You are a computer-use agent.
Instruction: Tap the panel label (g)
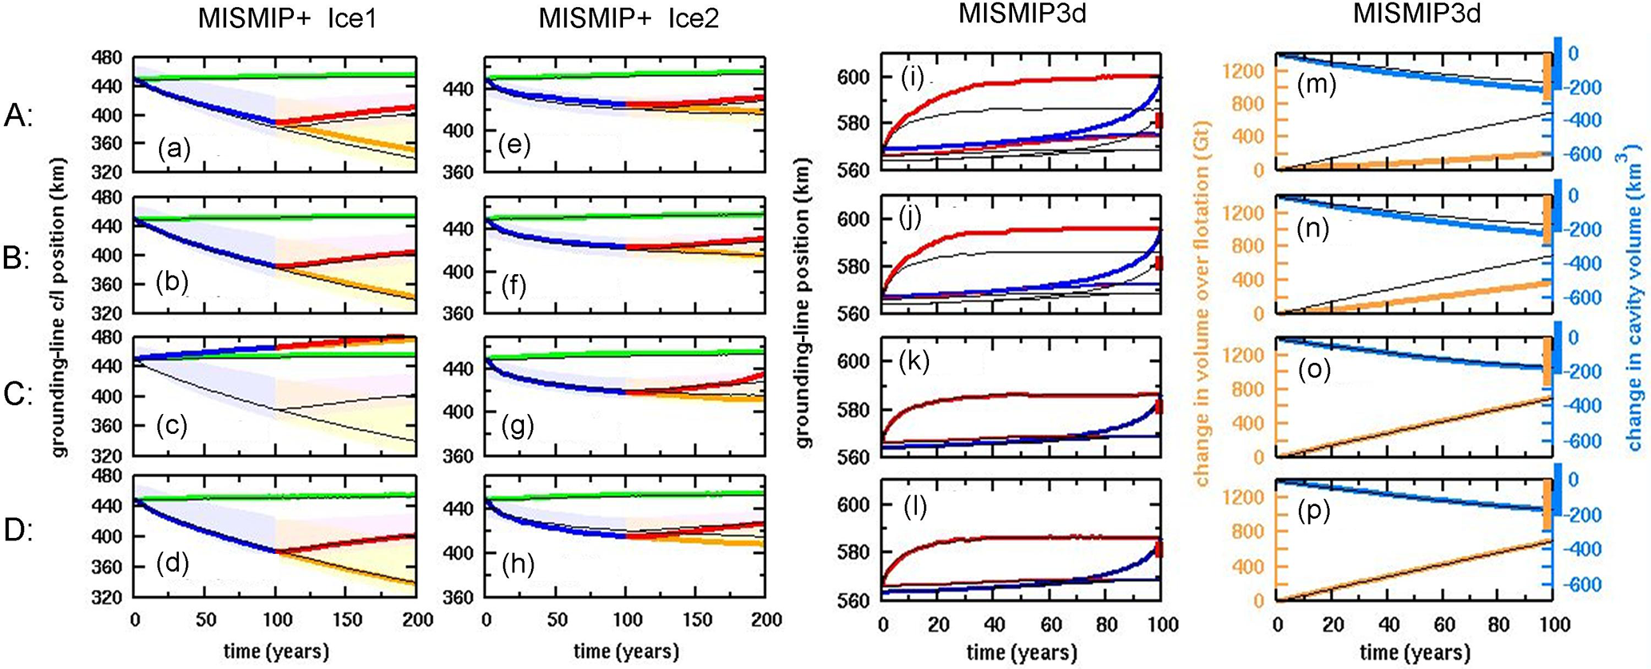coord(518,427)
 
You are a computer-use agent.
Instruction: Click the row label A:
coord(18,117)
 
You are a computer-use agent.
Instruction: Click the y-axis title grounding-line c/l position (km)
coord(59,308)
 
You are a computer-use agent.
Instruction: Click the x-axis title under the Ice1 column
coord(276,651)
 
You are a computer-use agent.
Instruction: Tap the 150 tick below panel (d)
coord(346,619)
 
